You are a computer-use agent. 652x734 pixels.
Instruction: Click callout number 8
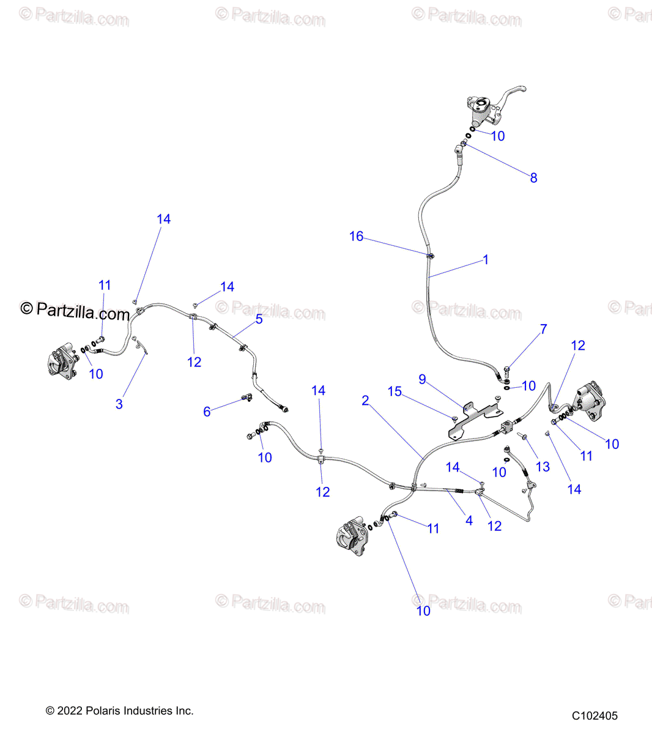pyautogui.click(x=533, y=178)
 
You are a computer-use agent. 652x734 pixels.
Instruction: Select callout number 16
pyautogui.click(x=356, y=237)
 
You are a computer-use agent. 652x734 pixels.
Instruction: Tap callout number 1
pyautogui.click(x=486, y=260)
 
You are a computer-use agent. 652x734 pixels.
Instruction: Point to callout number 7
pyautogui.click(x=543, y=330)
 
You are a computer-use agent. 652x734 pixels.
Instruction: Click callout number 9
pyautogui.click(x=422, y=380)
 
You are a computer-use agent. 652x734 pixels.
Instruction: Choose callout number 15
pyautogui.click(x=395, y=391)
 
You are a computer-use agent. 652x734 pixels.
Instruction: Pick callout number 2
pyautogui.click(x=365, y=401)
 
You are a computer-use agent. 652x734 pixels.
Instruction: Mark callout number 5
pyautogui.click(x=259, y=319)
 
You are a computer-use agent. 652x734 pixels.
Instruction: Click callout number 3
pyautogui.click(x=119, y=404)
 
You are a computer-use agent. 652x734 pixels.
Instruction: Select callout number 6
pyautogui.click(x=207, y=412)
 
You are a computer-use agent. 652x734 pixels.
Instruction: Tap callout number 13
pyautogui.click(x=543, y=467)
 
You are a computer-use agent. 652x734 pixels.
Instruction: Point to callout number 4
pyautogui.click(x=469, y=521)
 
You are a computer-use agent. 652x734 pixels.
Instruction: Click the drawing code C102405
pyautogui.click(x=595, y=716)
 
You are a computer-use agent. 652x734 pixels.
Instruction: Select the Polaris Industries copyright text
pyautogui.click(x=120, y=711)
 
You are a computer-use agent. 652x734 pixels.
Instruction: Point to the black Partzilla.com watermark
pyautogui.click(x=75, y=311)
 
